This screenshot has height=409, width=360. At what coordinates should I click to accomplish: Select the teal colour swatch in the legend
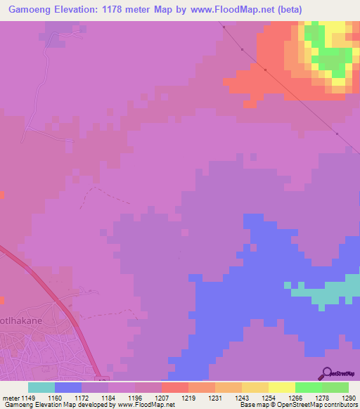41,387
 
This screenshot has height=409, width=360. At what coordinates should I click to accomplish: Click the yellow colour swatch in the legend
282,387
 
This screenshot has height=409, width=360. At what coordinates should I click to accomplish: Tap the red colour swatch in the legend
175,387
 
